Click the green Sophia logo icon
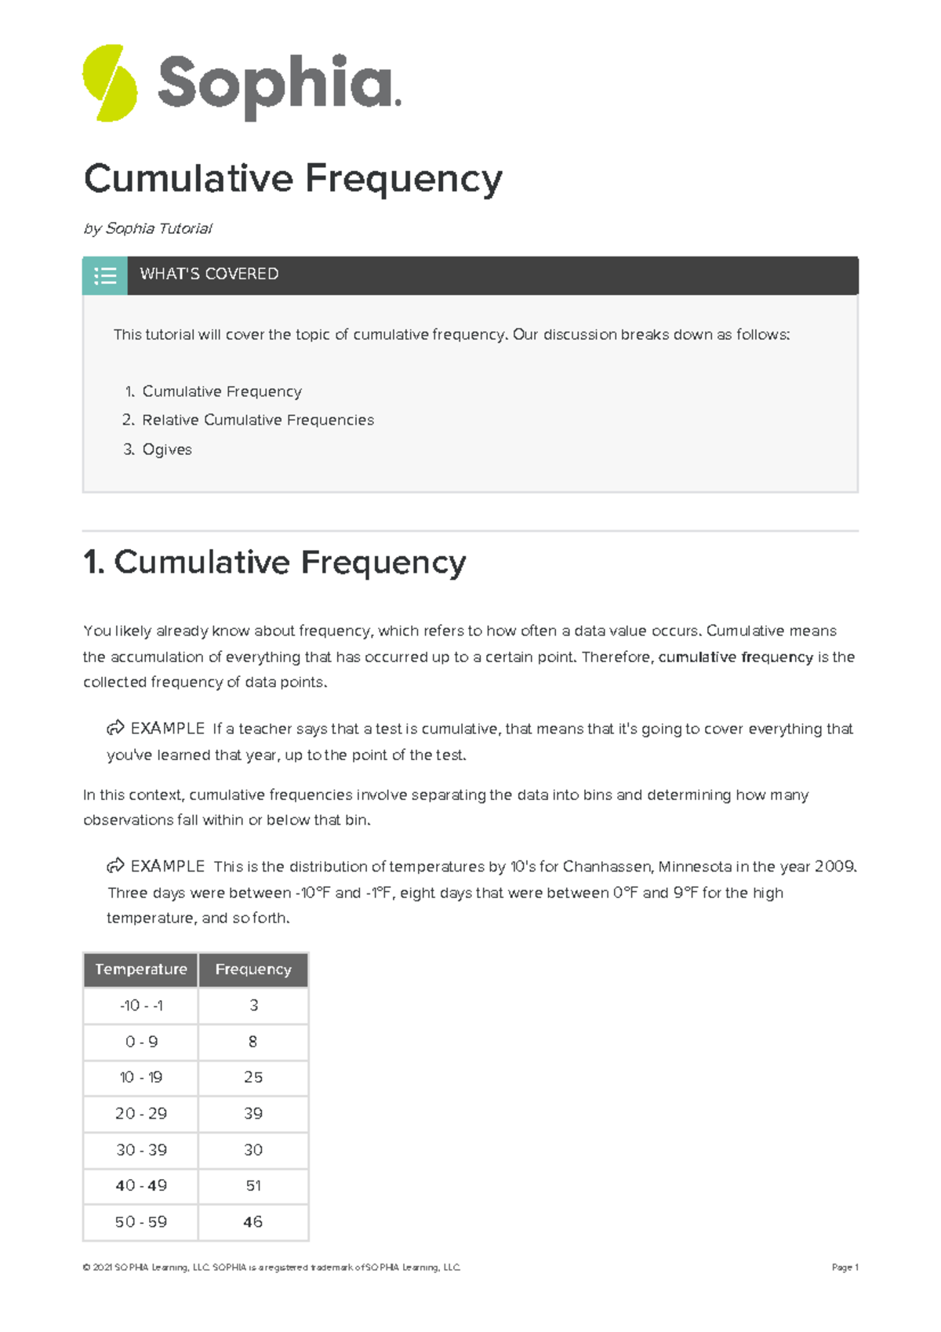[x=110, y=83]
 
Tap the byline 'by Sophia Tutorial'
[x=147, y=228]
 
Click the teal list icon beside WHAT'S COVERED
[x=105, y=275]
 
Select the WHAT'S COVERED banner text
[x=209, y=274]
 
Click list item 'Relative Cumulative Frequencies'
[x=257, y=420]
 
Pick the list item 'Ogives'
[x=166, y=449]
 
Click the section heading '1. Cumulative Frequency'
[x=274, y=562]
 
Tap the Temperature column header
[x=141, y=970]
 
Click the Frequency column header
[x=253, y=970]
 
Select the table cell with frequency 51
[x=253, y=1185]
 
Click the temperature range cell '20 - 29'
[x=141, y=1113]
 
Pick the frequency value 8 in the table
[x=253, y=1042]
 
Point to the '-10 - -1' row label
[x=141, y=1006]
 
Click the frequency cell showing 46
[x=253, y=1221]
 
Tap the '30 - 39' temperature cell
[x=141, y=1149]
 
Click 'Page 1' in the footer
[x=845, y=1267]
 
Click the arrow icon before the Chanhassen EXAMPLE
[x=115, y=865]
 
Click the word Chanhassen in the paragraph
[x=608, y=866]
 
